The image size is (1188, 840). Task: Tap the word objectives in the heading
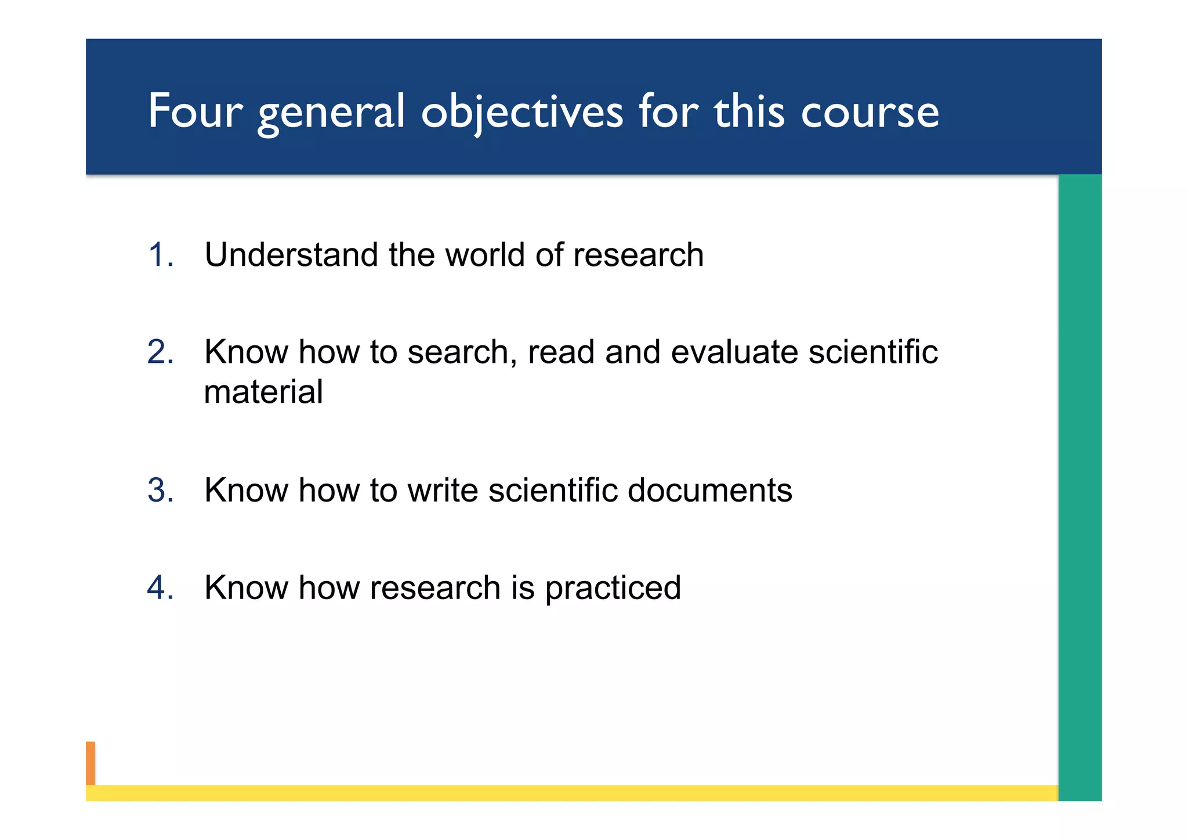(x=521, y=111)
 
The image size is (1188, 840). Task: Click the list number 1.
(x=160, y=255)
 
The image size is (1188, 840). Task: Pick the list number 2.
(x=160, y=352)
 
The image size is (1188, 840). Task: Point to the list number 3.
(x=160, y=490)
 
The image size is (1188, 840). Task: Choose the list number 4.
(x=160, y=587)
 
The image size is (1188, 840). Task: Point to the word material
(x=263, y=392)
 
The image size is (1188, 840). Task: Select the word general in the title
(x=331, y=111)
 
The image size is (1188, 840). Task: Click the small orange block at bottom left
(x=90, y=763)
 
